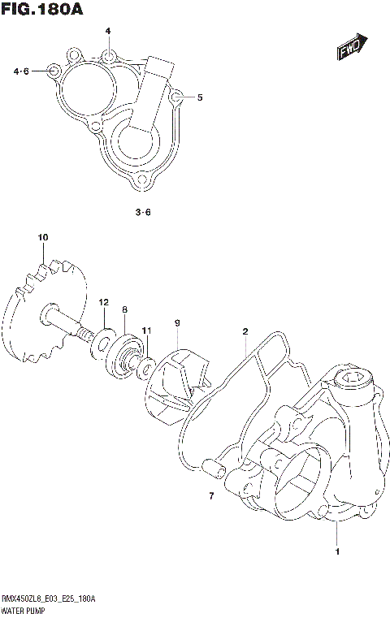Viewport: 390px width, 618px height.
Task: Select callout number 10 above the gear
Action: click(x=43, y=237)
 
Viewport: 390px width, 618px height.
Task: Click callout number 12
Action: click(x=104, y=302)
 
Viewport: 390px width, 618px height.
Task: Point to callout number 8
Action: click(x=124, y=309)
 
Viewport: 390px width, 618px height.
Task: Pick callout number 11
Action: click(x=146, y=330)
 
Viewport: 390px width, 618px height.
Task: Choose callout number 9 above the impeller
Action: click(x=175, y=323)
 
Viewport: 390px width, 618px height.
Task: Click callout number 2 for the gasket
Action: click(x=244, y=331)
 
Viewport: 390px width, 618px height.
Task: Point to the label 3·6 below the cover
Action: click(x=142, y=213)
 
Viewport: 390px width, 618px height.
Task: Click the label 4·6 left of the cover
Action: click(x=21, y=71)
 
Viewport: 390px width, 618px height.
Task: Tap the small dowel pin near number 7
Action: click(x=211, y=468)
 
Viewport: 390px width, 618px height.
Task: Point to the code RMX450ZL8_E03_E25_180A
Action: click(x=49, y=598)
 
